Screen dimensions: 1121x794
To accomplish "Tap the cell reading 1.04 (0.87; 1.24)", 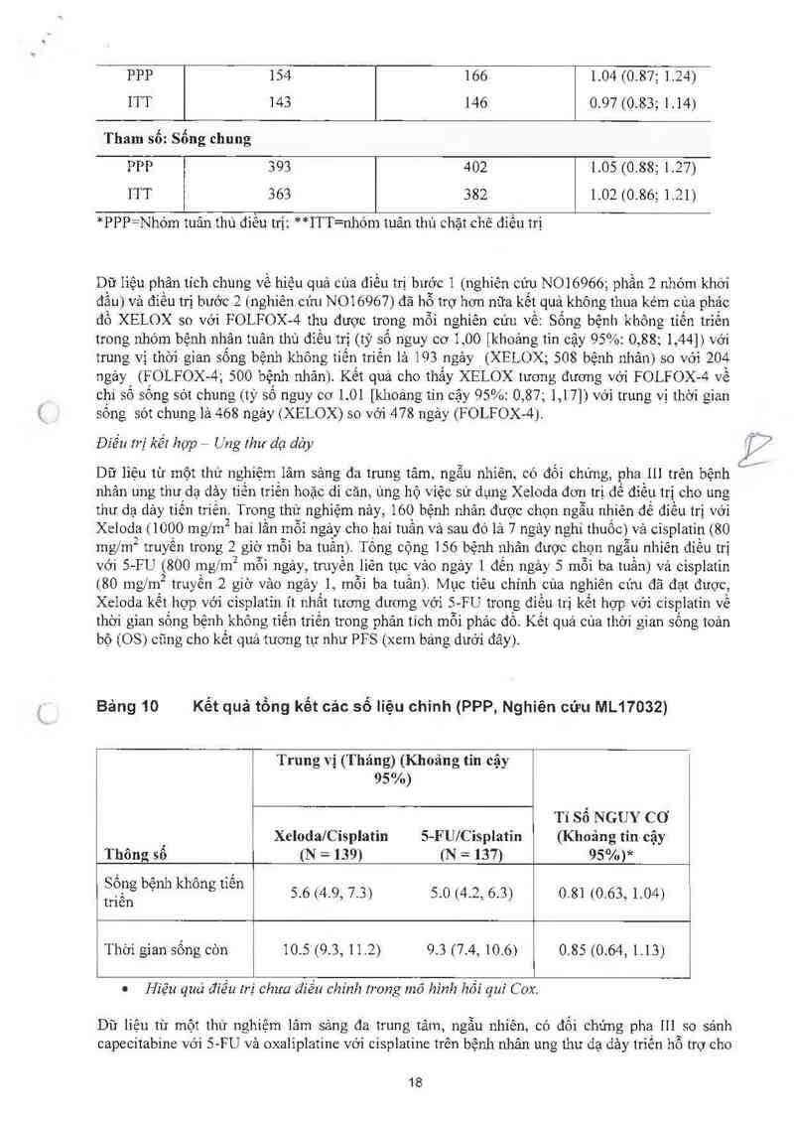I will tap(643, 75).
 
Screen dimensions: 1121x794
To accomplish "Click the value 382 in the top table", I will tap(476, 195).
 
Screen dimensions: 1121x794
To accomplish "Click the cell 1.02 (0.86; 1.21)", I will tap(643, 195).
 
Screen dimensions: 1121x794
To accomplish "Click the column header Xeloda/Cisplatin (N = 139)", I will tap(330, 845).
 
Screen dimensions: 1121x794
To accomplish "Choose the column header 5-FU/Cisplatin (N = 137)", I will tap(465, 845).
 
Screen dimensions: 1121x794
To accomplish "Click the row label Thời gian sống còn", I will tap(166, 950).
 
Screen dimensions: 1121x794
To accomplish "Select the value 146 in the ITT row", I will tap(476, 102).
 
